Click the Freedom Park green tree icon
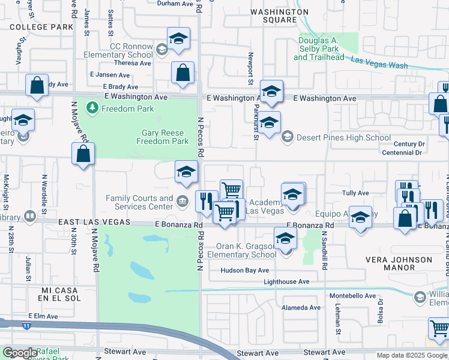[x=92, y=108]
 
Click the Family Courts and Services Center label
[x=139, y=202]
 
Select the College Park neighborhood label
[x=41, y=27]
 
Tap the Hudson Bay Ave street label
[x=245, y=271]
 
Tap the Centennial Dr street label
[x=402, y=153]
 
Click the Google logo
[x=20, y=353]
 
